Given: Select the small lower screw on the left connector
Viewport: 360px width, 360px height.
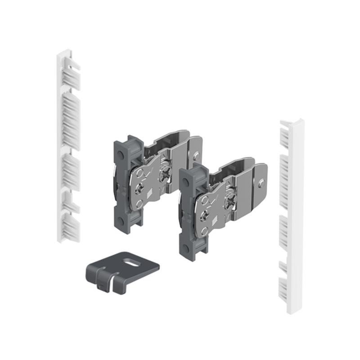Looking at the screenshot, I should [x=141, y=188].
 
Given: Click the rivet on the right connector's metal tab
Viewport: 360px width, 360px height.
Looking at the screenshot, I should [x=262, y=183].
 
